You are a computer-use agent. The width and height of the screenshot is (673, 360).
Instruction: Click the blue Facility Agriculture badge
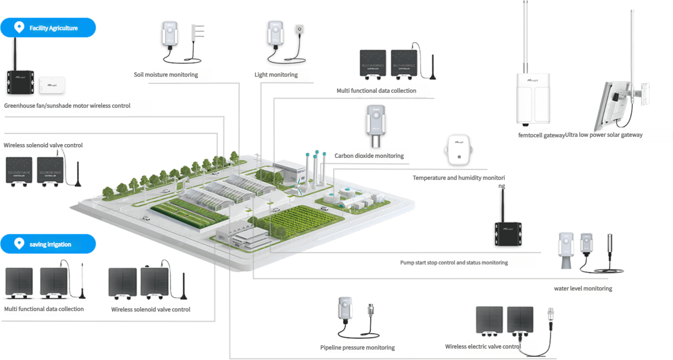click(48, 28)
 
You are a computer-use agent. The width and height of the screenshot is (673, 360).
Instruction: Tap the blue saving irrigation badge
click(48, 244)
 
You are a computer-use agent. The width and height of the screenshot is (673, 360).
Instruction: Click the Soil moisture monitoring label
click(166, 75)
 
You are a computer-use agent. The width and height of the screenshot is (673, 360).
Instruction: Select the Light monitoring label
click(276, 75)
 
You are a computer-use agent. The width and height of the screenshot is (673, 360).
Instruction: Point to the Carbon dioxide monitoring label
click(369, 156)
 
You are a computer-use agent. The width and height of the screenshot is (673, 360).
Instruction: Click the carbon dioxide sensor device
click(375, 126)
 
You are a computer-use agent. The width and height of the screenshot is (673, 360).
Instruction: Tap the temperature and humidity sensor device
click(458, 150)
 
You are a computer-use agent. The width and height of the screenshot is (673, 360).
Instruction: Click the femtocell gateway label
click(541, 135)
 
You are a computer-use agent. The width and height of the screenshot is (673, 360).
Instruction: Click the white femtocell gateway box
click(533, 99)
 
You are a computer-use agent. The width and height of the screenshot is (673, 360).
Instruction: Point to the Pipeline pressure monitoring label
click(358, 347)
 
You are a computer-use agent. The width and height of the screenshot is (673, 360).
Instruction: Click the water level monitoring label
click(583, 288)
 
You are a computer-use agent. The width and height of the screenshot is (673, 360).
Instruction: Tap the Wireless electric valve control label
click(483, 346)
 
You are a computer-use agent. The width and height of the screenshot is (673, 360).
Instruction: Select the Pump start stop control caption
click(454, 262)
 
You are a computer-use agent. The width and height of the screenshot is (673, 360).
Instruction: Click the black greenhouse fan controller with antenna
click(21, 82)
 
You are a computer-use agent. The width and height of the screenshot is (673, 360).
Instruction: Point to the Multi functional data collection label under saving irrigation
click(44, 309)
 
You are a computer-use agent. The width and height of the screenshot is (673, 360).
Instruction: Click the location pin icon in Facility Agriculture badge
click(19, 28)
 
